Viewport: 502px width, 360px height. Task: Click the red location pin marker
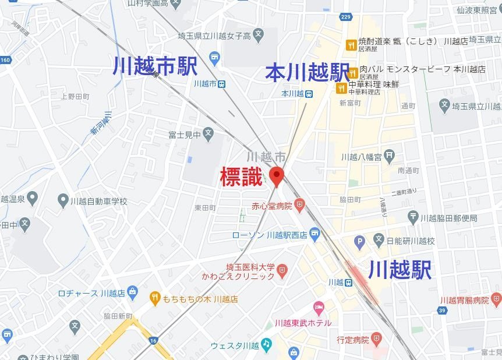(x=276, y=175)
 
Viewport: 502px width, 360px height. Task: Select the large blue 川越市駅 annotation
(x=155, y=66)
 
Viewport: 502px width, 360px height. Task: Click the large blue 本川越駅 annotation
(x=307, y=73)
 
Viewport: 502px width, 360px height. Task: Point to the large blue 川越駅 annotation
(x=400, y=270)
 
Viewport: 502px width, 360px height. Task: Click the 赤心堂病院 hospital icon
(x=300, y=204)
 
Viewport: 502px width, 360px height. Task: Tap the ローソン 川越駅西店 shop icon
(x=315, y=235)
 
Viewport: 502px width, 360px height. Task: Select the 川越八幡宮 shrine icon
(x=390, y=156)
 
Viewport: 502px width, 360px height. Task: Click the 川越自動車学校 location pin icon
(x=63, y=201)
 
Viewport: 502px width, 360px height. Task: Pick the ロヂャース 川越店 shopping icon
(x=133, y=292)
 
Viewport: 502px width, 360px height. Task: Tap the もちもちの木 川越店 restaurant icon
(x=154, y=299)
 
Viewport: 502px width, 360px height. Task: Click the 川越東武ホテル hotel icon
(x=319, y=307)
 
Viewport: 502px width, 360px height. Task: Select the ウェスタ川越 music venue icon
(x=267, y=344)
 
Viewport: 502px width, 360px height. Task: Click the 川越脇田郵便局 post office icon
(x=413, y=218)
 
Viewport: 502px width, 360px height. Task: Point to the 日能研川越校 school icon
(x=379, y=240)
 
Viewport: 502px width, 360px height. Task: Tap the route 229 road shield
(x=346, y=17)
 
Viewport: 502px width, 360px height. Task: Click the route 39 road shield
(x=442, y=310)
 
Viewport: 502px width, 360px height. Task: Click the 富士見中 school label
(x=185, y=135)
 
